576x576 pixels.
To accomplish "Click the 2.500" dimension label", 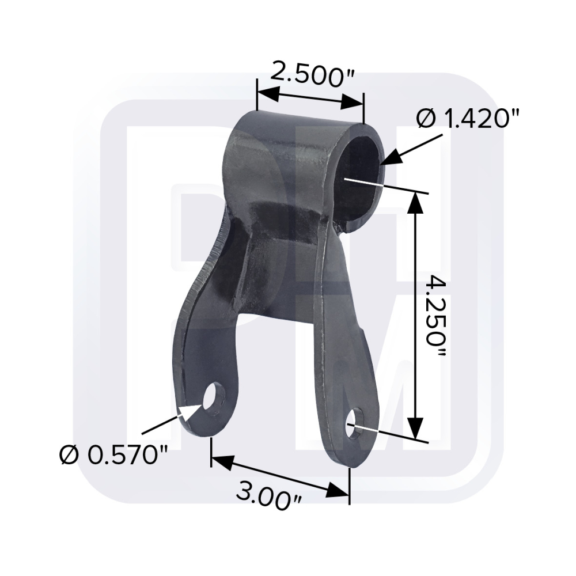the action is click(312, 75).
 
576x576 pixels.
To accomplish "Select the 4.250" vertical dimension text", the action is click(436, 318).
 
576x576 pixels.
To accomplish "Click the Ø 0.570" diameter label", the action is click(113, 456).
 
